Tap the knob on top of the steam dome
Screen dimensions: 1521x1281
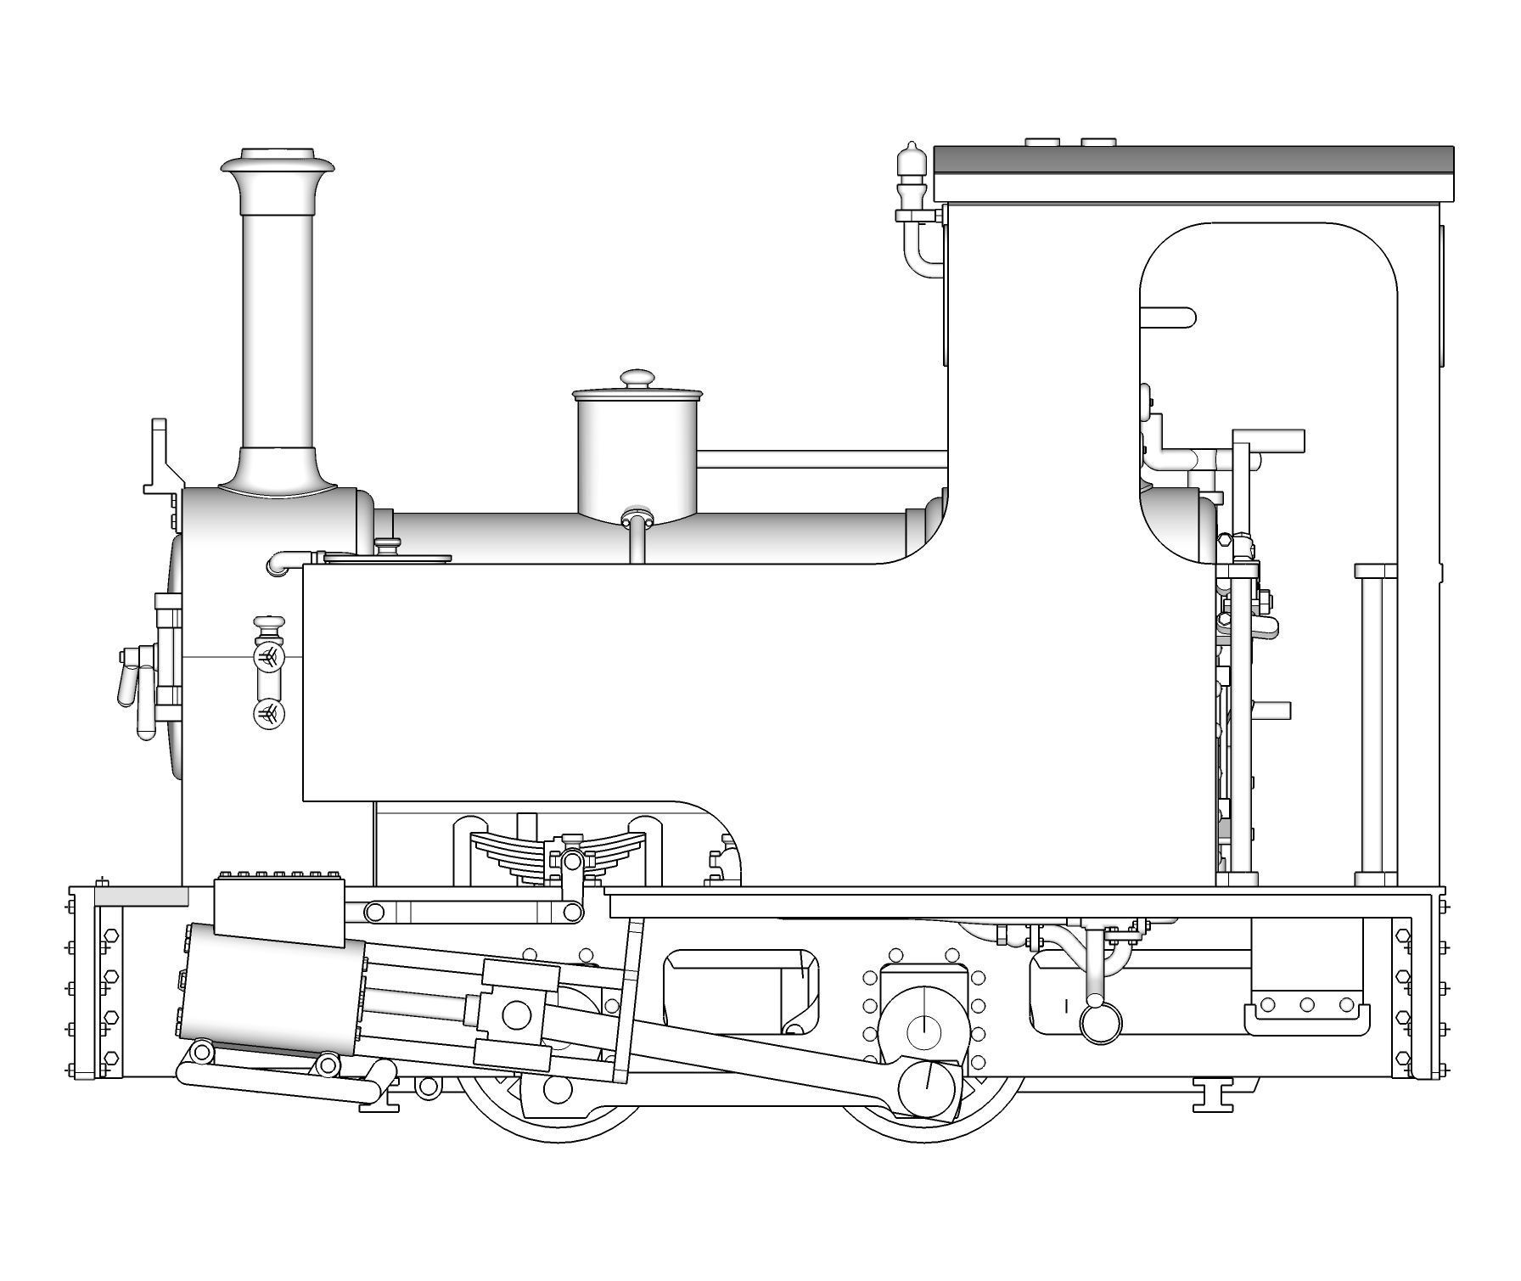[x=637, y=379]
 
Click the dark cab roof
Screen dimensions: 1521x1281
[x=1193, y=160]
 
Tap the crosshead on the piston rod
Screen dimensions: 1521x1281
[x=515, y=1014]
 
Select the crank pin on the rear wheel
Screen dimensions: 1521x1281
[x=927, y=1088]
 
